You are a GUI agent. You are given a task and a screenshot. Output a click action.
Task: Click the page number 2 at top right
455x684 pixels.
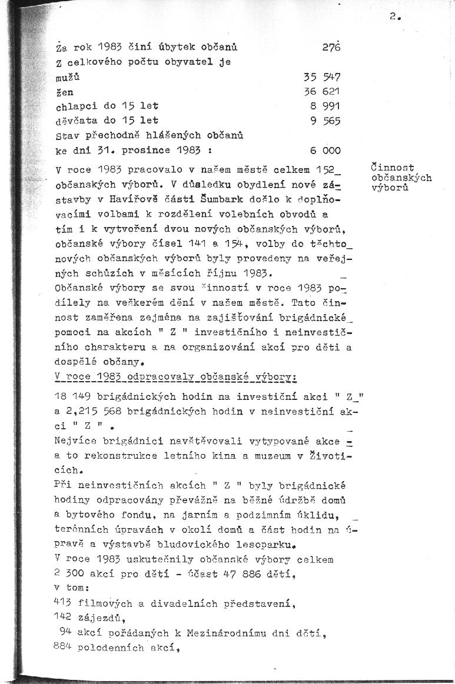[x=393, y=17]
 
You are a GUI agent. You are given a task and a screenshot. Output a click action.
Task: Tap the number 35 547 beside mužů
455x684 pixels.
[x=323, y=77]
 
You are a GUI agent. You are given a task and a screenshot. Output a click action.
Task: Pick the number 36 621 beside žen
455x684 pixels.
[x=323, y=92]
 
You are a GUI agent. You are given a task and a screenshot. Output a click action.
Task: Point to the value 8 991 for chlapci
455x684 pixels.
[x=326, y=106]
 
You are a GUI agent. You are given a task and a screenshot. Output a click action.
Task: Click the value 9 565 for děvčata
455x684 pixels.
[x=326, y=121]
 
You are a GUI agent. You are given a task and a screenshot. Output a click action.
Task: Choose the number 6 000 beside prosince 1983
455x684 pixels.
[x=326, y=151]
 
